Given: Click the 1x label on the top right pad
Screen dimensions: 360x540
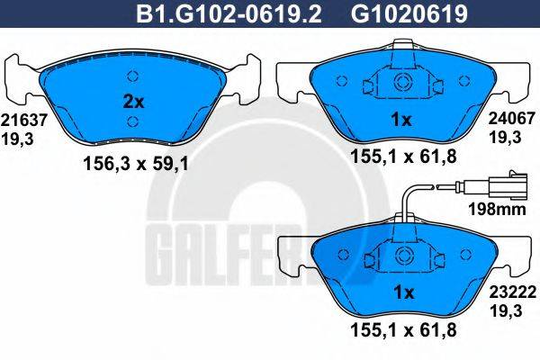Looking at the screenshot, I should click(x=401, y=119).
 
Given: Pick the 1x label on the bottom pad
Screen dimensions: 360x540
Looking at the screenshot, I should click(x=401, y=292).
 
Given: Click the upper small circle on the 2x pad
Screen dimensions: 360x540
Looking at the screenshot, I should click(x=133, y=76).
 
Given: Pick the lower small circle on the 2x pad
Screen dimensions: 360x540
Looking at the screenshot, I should click(x=133, y=121).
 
